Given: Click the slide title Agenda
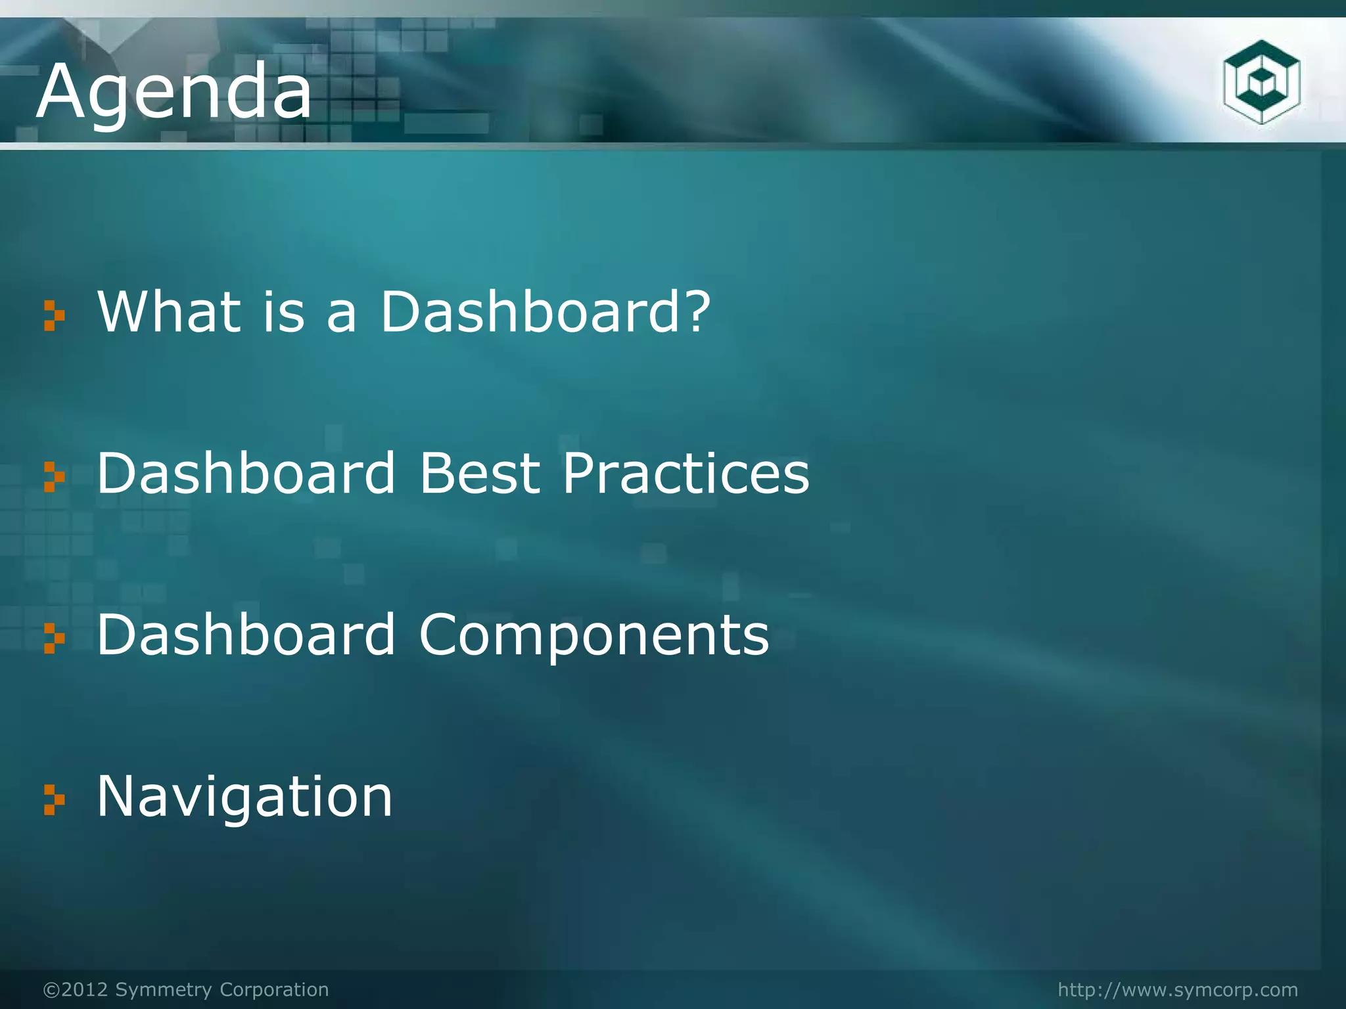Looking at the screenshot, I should (x=174, y=92).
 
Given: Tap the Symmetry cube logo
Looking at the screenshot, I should (x=1261, y=82).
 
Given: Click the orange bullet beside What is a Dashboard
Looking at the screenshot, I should (x=54, y=315).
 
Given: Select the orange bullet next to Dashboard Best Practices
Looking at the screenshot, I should (x=54, y=477).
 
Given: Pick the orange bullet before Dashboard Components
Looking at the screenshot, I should (x=54, y=639).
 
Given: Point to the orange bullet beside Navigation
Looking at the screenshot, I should (x=54, y=800).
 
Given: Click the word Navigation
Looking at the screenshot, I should (x=244, y=796).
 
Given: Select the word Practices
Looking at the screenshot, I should (x=685, y=473).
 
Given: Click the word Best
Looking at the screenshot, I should (x=480, y=473).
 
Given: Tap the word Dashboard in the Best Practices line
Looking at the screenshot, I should (x=246, y=473).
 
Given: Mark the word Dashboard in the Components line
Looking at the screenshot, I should (x=246, y=635).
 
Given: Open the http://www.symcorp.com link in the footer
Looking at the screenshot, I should (x=1178, y=989).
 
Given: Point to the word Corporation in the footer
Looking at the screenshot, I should (x=274, y=989).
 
